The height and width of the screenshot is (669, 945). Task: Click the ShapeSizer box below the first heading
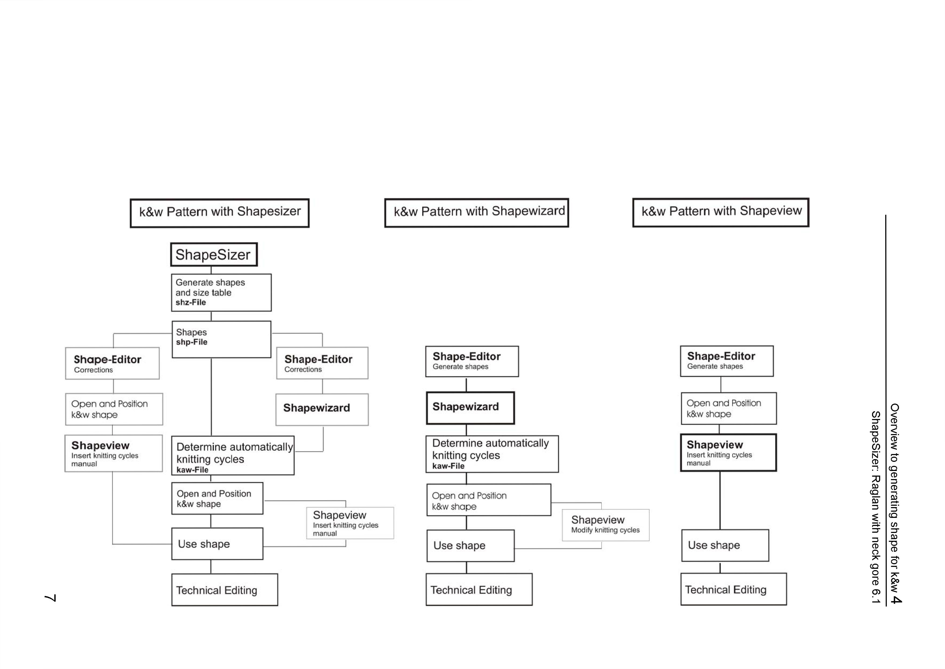pyautogui.click(x=214, y=255)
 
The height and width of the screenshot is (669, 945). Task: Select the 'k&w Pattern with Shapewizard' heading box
pyautogui.click(x=477, y=213)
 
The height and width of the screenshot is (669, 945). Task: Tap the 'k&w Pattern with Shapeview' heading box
pyautogui.click(x=721, y=212)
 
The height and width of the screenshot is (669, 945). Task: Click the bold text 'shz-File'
pyautogui.click(x=191, y=302)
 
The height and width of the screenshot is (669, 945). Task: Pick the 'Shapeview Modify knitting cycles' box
pyautogui.click(x=605, y=525)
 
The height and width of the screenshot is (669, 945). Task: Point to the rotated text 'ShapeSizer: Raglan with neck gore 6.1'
pyautogui.click(x=876, y=507)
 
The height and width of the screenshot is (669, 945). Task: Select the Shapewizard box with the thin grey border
pyautogui.click(x=322, y=409)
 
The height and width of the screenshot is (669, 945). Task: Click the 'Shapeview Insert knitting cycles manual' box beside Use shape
pyautogui.click(x=350, y=523)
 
